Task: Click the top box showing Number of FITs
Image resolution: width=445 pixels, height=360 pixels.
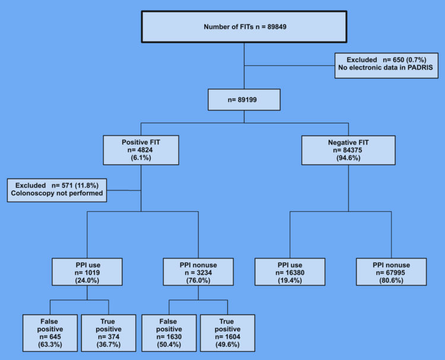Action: click(x=244, y=27)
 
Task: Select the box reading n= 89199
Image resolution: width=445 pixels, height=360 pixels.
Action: click(x=244, y=100)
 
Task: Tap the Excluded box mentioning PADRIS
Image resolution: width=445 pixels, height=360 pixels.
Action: click(x=386, y=65)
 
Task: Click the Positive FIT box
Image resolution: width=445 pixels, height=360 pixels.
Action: click(x=141, y=150)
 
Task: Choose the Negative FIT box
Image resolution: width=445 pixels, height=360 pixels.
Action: click(x=348, y=150)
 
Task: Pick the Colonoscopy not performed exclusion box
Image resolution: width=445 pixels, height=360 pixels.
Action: click(x=57, y=190)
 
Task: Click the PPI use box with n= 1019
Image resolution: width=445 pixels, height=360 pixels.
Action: click(x=87, y=272)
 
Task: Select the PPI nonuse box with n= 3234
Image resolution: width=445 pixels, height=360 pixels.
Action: click(x=198, y=272)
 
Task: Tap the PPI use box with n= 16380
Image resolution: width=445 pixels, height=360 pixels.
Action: click(x=290, y=272)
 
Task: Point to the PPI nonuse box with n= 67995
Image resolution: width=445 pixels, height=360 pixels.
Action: click(x=391, y=272)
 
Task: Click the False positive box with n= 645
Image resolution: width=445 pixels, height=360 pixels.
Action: click(x=50, y=333)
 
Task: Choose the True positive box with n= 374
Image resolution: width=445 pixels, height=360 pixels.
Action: click(x=109, y=333)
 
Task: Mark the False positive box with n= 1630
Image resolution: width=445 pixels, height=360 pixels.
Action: click(x=169, y=333)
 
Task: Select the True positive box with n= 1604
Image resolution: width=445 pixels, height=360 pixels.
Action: click(x=228, y=333)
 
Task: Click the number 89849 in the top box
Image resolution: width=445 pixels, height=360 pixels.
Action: click(x=276, y=27)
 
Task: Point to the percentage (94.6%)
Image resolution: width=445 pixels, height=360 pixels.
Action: click(x=348, y=158)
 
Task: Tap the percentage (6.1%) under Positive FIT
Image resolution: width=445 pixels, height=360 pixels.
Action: click(x=141, y=157)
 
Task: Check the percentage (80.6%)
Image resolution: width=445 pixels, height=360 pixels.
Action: click(x=391, y=281)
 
